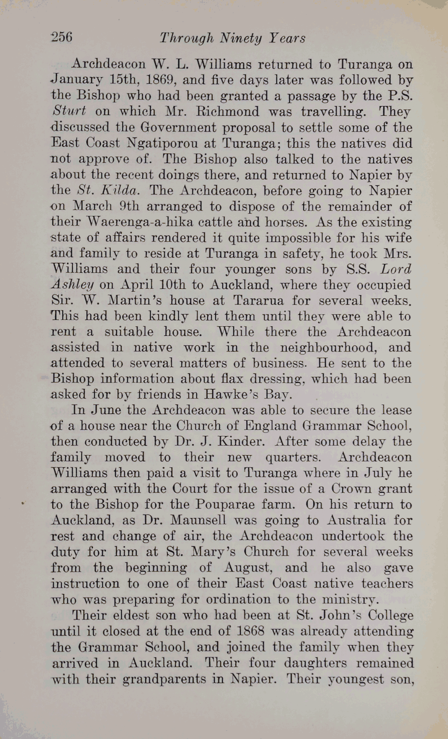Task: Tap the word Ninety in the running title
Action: tap(241, 38)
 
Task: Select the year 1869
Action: tap(160, 80)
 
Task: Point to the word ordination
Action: tap(238, 599)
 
